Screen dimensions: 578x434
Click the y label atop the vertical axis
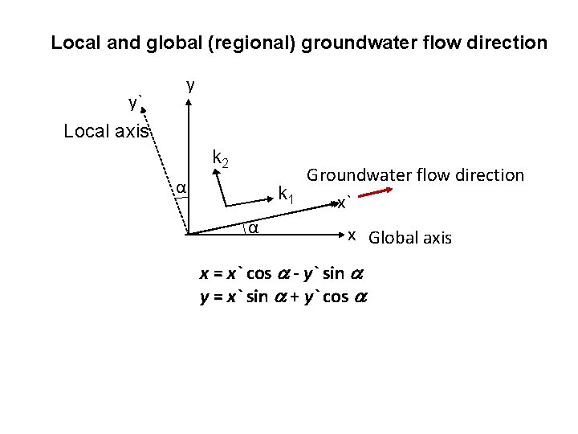190,84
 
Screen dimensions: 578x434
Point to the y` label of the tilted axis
135,102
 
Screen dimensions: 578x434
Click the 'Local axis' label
106,131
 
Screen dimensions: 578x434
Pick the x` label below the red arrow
343,203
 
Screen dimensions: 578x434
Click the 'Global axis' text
410,238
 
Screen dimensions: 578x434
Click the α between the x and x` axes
252,228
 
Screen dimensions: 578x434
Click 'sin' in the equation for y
258,297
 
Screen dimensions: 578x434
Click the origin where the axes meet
188,233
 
